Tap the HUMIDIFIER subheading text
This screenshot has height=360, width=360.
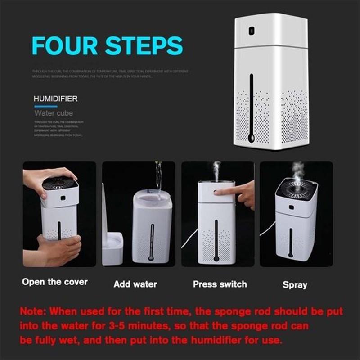tap(56, 99)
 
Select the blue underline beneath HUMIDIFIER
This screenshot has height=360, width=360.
tap(46, 107)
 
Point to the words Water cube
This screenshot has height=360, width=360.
tap(54, 113)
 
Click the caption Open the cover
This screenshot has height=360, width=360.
tap(55, 282)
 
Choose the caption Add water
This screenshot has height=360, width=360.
tap(135, 284)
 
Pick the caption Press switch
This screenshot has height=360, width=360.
tap(220, 284)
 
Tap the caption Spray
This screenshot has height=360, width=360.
tap(295, 285)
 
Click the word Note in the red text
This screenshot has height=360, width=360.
tap(35, 311)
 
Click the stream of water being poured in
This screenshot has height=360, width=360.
tap(158, 178)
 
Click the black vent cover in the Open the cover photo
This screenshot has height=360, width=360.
tap(60, 183)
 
